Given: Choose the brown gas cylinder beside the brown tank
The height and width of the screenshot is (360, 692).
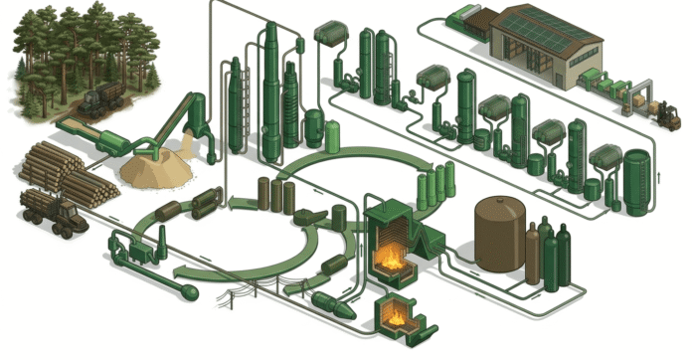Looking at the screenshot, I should coord(532,255).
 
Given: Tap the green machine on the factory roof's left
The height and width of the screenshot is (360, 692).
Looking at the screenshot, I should coord(466,16).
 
